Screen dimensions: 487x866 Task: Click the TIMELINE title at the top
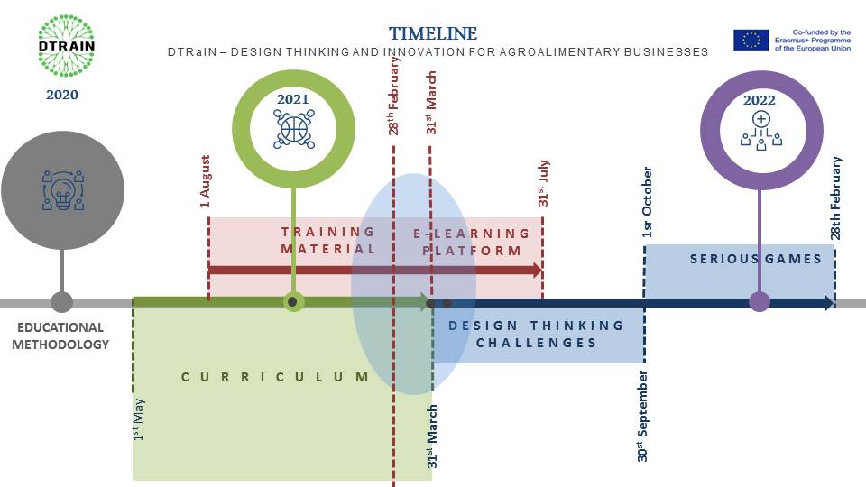(x=433, y=33)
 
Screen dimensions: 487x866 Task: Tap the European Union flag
(x=751, y=40)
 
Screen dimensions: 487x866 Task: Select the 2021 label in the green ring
(x=292, y=100)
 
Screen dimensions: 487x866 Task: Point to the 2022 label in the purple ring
(x=760, y=100)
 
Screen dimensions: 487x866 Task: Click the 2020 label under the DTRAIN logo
(x=62, y=95)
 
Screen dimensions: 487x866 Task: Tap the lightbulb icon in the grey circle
(x=62, y=190)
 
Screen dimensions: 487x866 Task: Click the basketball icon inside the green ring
(x=292, y=129)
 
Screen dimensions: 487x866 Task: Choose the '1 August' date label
(x=206, y=182)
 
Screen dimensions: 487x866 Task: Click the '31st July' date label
(x=544, y=183)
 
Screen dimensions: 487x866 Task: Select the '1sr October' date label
(x=648, y=203)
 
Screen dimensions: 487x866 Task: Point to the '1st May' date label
(x=139, y=419)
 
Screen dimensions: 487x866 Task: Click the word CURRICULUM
(x=275, y=377)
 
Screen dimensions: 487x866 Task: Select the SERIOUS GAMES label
(x=756, y=259)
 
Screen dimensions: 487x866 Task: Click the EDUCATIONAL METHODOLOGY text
(x=60, y=335)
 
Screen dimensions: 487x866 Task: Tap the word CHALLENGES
(x=537, y=343)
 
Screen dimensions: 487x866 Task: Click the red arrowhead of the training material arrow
(x=536, y=270)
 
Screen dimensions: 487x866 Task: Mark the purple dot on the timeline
(x=760, y=302)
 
